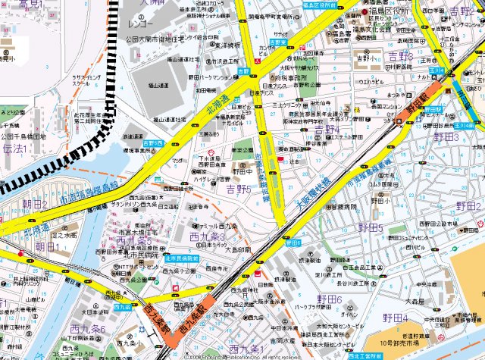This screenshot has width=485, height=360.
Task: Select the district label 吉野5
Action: click(x=239, y=187)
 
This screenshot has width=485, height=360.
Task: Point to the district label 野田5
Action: click(x=371, y=228)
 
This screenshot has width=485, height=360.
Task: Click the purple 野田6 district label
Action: click(x=329, y=300)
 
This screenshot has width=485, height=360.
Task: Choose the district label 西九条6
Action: click(x=88, y=329)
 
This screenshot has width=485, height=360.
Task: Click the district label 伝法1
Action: click(x=14, y=149)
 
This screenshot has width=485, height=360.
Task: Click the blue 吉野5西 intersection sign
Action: click(x=153, y=142)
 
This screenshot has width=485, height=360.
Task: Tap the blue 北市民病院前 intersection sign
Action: click(x=182, y=258)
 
